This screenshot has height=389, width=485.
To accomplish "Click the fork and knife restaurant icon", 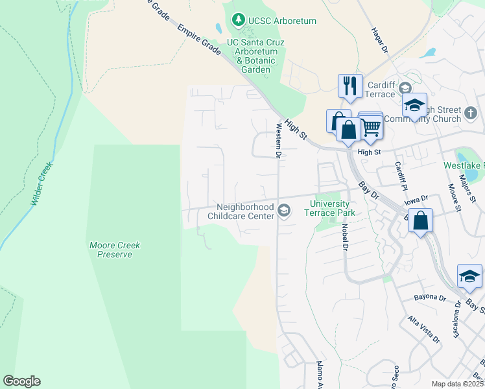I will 350,86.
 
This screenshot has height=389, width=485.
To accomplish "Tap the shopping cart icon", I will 370,125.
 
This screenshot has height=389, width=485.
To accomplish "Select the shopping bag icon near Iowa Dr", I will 421,220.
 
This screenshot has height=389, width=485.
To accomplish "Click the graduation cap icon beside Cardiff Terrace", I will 414,105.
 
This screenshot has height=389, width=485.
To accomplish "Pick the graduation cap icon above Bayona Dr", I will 469,276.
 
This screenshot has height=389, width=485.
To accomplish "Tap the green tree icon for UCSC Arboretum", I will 239,21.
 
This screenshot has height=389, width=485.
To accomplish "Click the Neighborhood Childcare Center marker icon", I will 283,209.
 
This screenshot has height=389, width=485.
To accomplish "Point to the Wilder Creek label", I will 41,183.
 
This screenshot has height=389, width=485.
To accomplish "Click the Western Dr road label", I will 278,140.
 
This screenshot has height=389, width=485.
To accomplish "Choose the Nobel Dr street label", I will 346,239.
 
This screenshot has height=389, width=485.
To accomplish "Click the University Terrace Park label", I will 335,207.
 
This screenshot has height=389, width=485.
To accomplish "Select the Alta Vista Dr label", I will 423,329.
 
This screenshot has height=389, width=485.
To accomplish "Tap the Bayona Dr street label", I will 430,298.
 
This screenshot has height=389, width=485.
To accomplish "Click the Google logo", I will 21,381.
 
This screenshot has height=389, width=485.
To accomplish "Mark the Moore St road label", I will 453,198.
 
